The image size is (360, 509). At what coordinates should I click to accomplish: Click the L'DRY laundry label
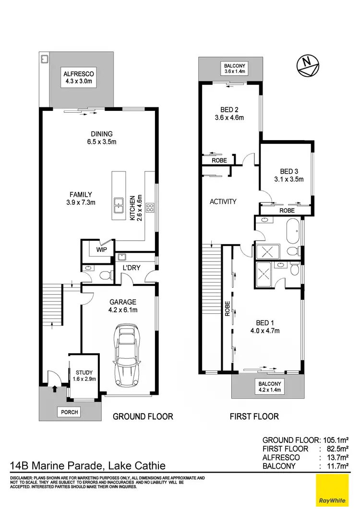coord(132,267)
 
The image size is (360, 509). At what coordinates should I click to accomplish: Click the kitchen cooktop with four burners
coord(149,208)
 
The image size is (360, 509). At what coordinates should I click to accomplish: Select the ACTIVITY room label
coord(223,201)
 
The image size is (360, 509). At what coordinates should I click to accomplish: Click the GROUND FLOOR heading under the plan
coord(143,416)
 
